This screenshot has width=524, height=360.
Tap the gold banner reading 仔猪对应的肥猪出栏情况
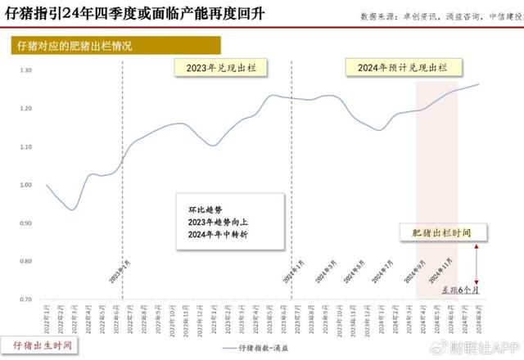(75, 46)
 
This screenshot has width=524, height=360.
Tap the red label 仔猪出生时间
(38, 344)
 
